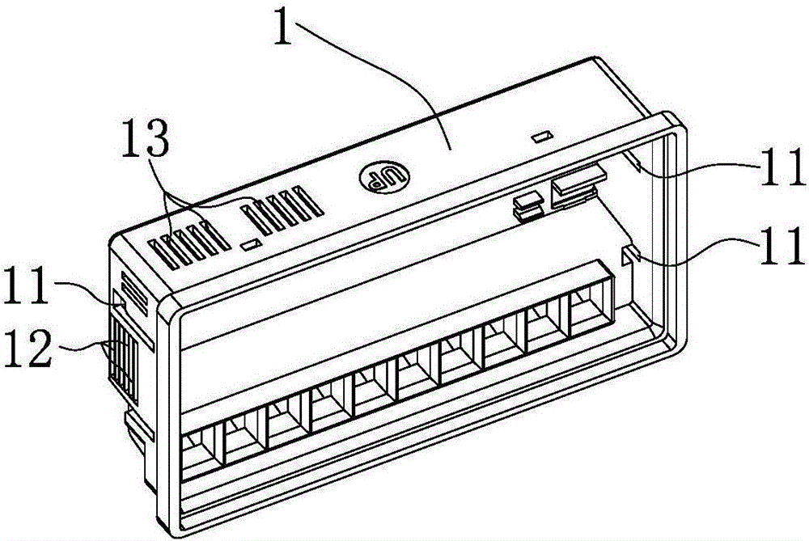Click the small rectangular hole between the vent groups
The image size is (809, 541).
251,242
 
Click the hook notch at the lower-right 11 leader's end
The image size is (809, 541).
632,257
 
